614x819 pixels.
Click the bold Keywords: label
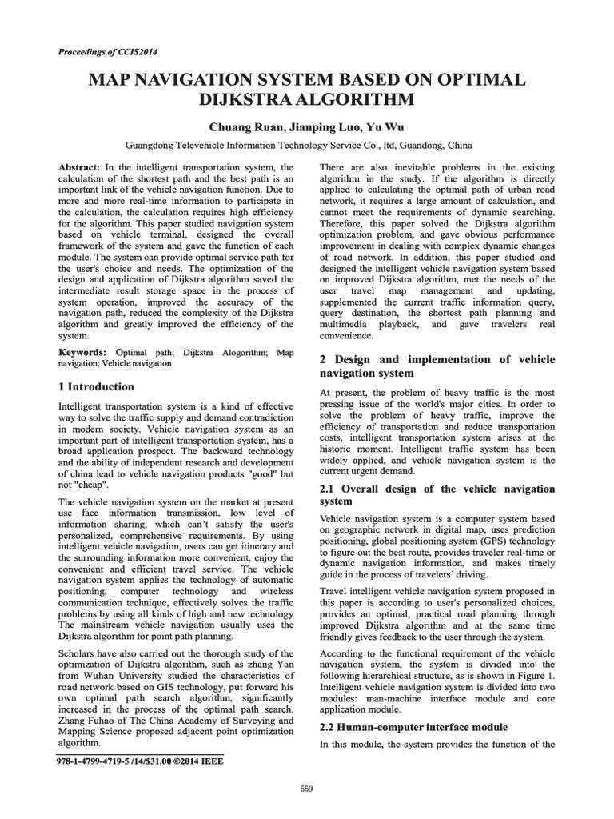[x=83, y=352]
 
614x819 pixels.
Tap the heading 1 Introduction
[x=97, y=387]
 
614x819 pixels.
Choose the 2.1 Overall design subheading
[x=437, y=495]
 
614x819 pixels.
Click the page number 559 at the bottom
[x=306, y=789]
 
